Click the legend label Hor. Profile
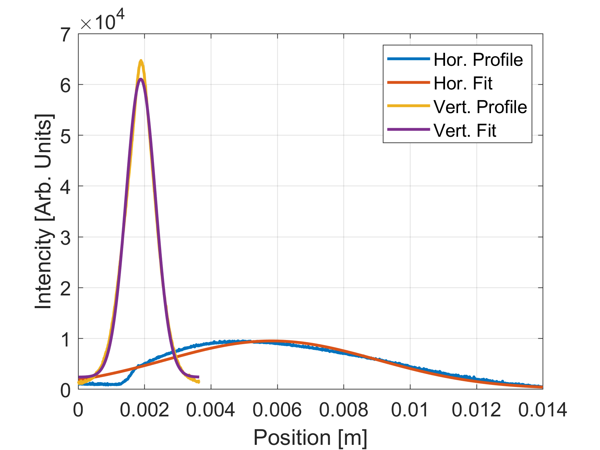click(x=478, y=60)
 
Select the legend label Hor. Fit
click(x=463, y=83)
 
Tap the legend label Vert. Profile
click(x=480, y=107)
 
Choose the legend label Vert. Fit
click(x=465, y=131)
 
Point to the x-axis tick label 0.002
click(x=144, y=410)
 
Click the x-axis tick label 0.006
click(x=277, y=410)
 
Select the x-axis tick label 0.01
click(x=410, y=410)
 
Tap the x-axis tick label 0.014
click(x=542, y=410)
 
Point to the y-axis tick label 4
click(x=65, y=187)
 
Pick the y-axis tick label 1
click(x=65, y=339)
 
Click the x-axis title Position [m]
click(x=310, y=438)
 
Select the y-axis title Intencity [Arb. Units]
click(x=44, y=211)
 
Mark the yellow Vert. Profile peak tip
click(x=141, y=61)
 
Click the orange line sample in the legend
click(x=408, y=83)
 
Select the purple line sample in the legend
click(x=408, y=130)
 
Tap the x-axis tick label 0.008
click(x=343, y=410)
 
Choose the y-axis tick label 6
click(x=65, y=85)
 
